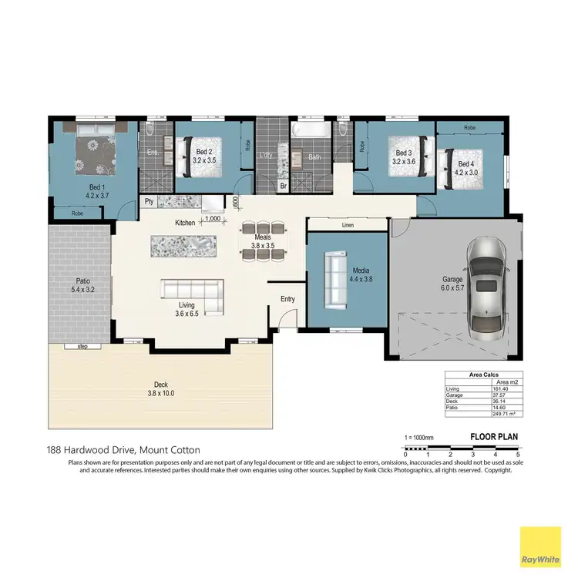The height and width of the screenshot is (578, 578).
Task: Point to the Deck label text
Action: point(160,385)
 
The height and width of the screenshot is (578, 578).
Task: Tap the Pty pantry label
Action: point(149,202)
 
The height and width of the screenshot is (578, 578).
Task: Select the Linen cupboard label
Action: point(347,226)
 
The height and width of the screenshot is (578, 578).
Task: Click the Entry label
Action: point(287,299)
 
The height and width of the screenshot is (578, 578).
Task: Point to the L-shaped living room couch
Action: point(191,290)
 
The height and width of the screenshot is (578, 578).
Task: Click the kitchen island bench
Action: point(184,246)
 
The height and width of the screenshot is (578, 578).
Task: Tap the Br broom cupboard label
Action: point(283,187)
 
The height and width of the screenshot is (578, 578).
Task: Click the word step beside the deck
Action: point(83,347)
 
